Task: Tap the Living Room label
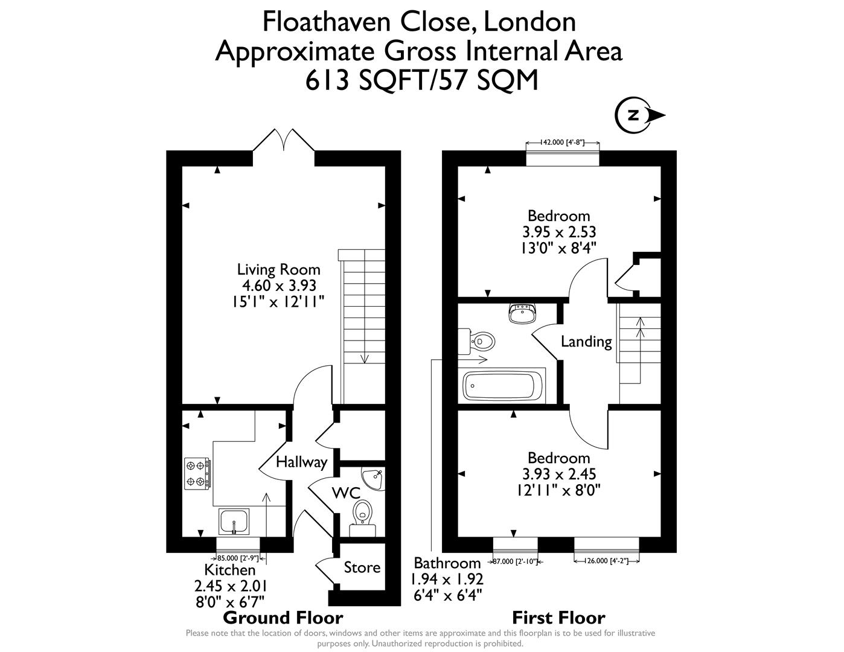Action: [278, 269]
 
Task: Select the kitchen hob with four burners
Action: [197, 473]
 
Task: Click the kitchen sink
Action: [234, 522]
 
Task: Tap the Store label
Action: [362, 567]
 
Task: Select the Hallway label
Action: [301, 462]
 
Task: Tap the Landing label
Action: [586, 342]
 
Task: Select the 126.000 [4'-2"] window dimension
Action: [606, 561]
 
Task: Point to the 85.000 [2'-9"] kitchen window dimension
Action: [237, 558]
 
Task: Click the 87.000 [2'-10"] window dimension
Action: [514, 561]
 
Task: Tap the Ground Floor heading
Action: [283, 618]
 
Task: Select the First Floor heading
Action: [558, 618]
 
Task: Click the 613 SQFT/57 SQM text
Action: [421, 80]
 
